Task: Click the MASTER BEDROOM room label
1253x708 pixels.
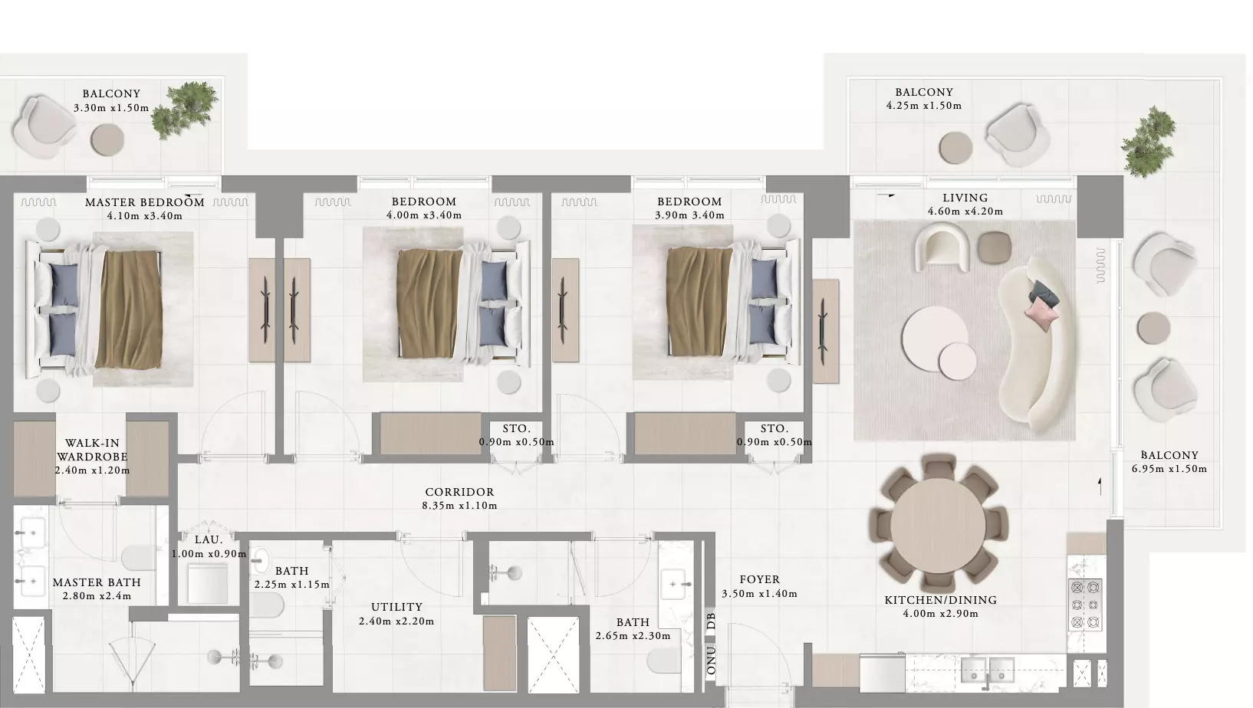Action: click(145, 202)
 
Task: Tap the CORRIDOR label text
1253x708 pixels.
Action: click(460, 492)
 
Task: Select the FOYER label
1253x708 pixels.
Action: click(760, 580)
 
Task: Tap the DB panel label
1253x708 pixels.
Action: click(711, 621)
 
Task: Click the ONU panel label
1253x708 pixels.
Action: click(711, 660)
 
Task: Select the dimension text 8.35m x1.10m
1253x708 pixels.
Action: click(460, 506)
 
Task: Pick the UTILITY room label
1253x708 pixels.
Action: click(396, 608)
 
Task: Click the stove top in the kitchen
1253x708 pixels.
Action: click(1085, 605)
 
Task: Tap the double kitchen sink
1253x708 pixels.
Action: click(988, 670)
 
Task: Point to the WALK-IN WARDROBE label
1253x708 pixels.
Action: click(92, 450)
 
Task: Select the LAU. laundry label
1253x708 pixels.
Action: click(209, 539)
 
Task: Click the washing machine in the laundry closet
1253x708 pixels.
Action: click(208, 583)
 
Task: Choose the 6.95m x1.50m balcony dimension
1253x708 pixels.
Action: click(1169, 469)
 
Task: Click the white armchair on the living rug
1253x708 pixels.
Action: click(942, 247)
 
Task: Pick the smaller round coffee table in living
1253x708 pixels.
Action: click(958, 361)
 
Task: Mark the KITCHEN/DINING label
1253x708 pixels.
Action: click(940, 600)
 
